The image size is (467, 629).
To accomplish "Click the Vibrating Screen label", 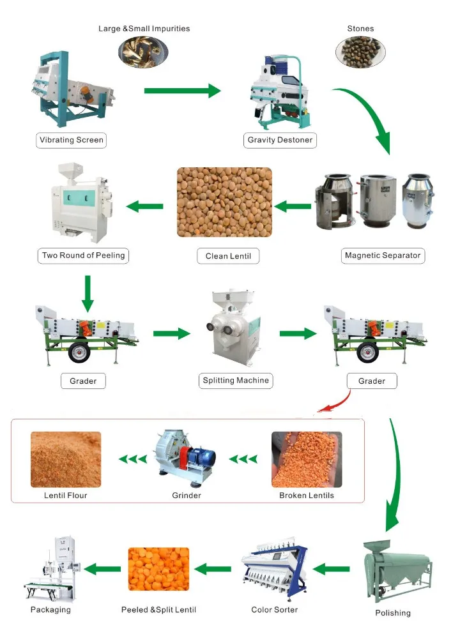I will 71,140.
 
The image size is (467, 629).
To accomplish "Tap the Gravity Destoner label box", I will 280,140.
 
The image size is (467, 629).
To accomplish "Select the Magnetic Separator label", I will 383,255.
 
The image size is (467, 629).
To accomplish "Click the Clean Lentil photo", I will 224,202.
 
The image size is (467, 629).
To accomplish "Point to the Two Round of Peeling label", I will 84,255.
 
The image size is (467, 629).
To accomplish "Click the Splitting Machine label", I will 236,381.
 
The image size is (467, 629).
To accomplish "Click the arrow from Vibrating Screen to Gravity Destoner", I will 182,91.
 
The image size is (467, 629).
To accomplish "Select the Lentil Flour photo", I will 66,460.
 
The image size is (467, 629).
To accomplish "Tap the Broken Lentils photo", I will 306,460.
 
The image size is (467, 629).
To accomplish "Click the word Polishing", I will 393,613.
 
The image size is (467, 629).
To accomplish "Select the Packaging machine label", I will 50,610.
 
